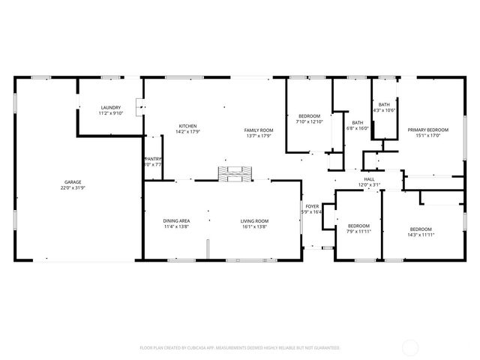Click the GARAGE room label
click(73, 182)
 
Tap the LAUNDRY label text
click(111, 108)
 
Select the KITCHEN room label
click(187, 125)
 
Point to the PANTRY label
click(153, 158)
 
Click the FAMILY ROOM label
click(259, 130)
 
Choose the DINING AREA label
click(176, 220)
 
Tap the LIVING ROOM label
click(254, 220)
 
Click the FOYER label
click(311, 205)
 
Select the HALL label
click(369, 179)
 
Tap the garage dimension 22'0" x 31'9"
click(73, 187)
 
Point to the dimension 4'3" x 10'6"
click(384, 110)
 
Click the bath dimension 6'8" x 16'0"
click(358, 127)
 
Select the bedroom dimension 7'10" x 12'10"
click(309, 121)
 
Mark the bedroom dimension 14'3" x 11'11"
click(421, 235)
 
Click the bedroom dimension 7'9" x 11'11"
click(358, 232)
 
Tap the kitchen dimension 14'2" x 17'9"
click(187, 131)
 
